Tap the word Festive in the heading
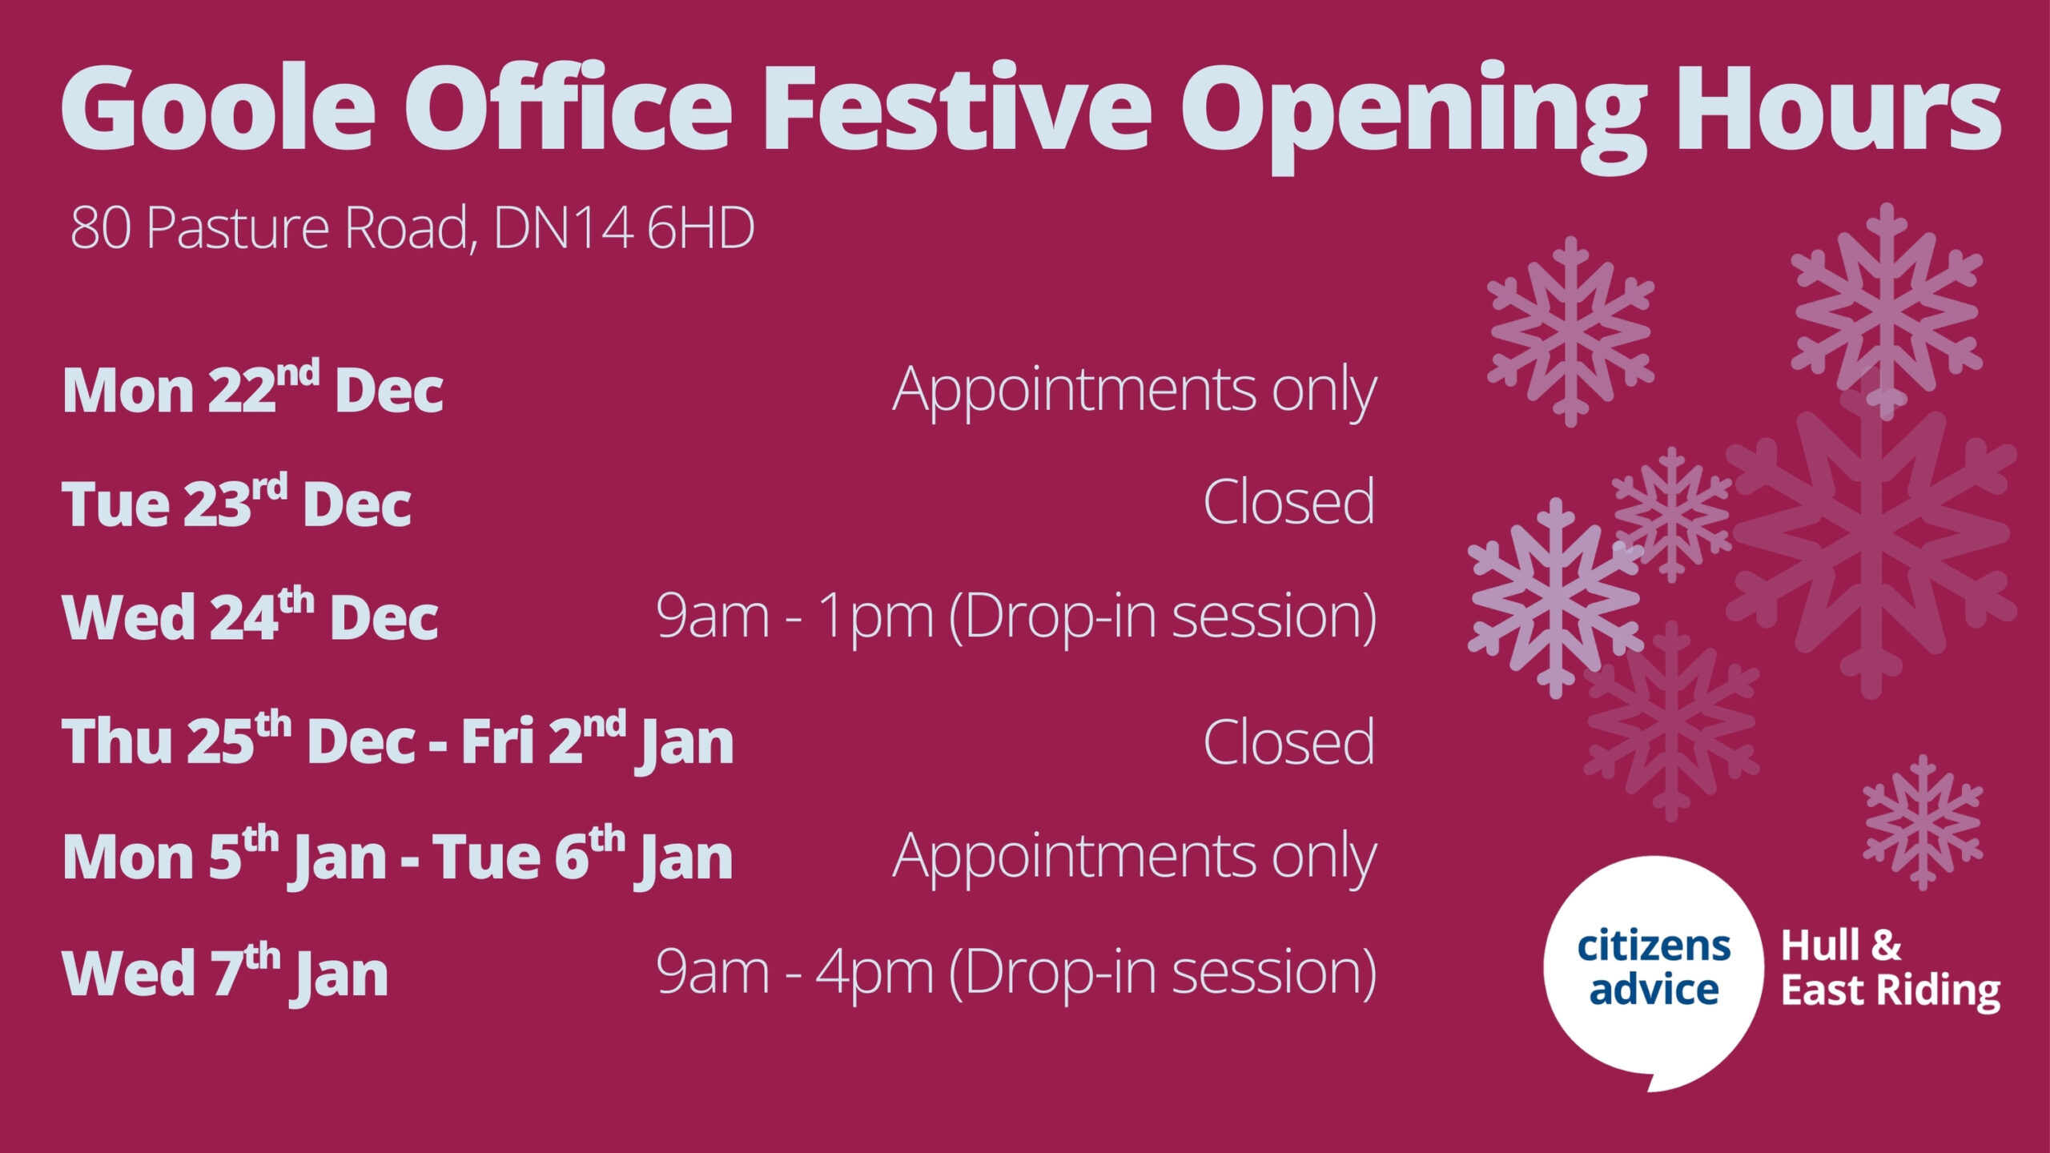click(x=958, y=107)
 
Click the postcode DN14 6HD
click(x=624, y=227)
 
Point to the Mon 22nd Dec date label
click(x=253, y=388)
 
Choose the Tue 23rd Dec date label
click(x=236, y=502)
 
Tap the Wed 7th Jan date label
click(x=225, y=972)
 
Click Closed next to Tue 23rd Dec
click(x=1289, y=501)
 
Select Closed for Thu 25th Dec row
click(x=1289, y=741)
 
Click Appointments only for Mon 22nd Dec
click(x=1135, y=391)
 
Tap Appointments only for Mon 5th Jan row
click(x=1135, y=858)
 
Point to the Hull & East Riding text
click(x=1891, y=969)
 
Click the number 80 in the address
click(x=100, y=228)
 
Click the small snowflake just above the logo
click(x=1923, y=822)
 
